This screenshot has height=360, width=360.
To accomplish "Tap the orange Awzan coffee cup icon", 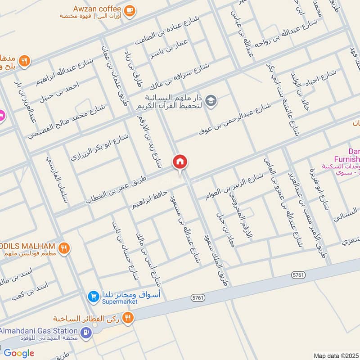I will click(129, 11).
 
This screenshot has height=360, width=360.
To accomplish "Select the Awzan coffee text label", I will click(98, 9).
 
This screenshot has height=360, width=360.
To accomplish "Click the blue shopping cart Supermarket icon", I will click(94, 296).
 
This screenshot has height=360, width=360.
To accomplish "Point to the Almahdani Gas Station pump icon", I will click(85, 333).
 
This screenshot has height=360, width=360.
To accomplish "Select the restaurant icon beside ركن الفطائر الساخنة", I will click(129, 318).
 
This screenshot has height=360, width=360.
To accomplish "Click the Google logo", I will click(19, 353).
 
